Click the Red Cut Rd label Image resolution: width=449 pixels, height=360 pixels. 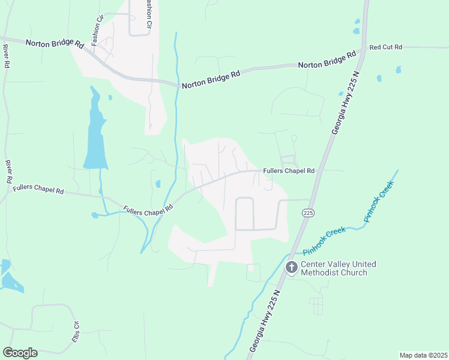pos(385,47)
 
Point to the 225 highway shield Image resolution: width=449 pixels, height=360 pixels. pos(308,213)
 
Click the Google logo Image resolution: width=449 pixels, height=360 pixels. pos(20,353)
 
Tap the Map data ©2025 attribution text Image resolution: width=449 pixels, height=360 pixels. pos(423,355)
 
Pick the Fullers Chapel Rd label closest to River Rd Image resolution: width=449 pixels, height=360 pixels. pos(38,190)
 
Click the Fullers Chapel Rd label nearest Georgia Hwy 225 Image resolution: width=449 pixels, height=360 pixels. pos(289,170)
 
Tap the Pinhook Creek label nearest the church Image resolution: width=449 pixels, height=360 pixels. pos(324,240)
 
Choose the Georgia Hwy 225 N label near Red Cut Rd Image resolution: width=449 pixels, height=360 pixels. pos(345,104)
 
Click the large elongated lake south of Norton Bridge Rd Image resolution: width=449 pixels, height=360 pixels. pos(95,132)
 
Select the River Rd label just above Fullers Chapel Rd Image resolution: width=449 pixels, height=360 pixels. pos(9,171)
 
